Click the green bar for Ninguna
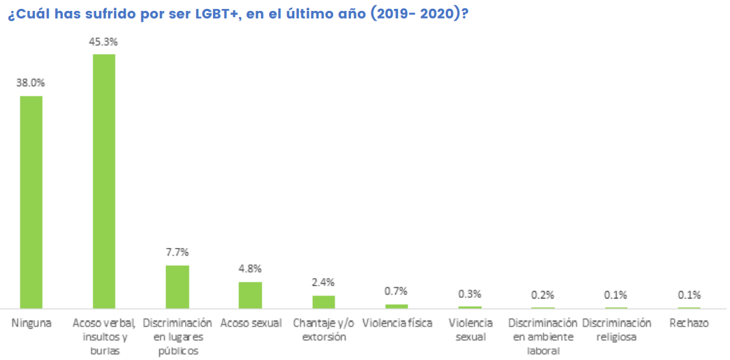click(x=31, y=202)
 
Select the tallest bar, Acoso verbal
click(x=104, y=181)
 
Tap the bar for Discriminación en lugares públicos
click(x=178, y=287)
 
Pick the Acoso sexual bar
click(x=251, y=295)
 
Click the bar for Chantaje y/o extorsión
click(x=324, y=302)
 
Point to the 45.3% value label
click(x=104, y=42)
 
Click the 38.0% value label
click(x=31, y=83)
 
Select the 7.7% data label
click(x=178, y=252)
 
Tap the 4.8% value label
click(x=251, y=268)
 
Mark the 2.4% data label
click(x=324, y=282)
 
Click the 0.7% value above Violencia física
click(x=397, y=291)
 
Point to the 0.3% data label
click(x=470, y=294)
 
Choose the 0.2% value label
click(x=543, y=295)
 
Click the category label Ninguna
click(x=31, y=323)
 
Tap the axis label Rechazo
click(x=689, y=323)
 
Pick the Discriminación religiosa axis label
click(x=617, y=329)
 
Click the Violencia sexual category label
click(x=470, y=329)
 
